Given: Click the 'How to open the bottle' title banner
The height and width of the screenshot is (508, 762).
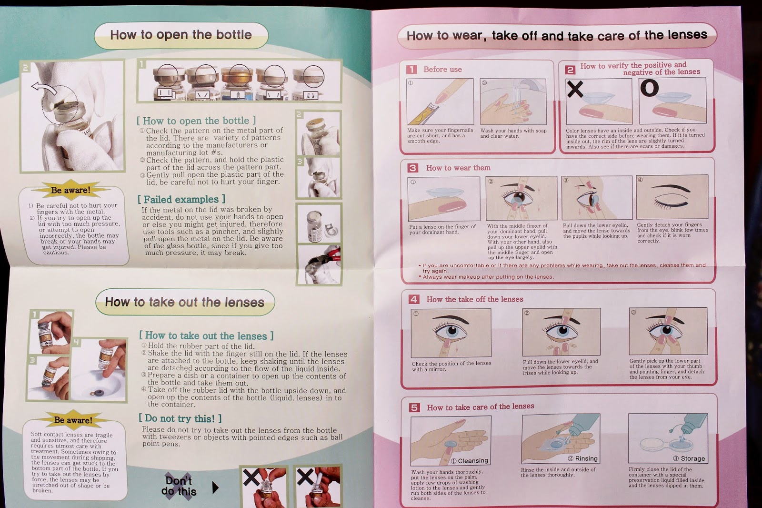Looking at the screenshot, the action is point(181,35).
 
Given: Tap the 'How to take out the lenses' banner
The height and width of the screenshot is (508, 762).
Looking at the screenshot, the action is point(185,302).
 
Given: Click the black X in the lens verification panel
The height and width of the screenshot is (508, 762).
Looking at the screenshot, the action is point(575,89).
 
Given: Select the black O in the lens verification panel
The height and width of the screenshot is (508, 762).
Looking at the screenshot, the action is point(650,88).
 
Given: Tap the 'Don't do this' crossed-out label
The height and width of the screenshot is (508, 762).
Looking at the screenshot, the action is point(179,486).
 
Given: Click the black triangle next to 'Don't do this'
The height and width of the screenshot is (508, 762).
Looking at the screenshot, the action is point(215,488).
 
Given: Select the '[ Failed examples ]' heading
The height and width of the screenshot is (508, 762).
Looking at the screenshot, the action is point(181,199).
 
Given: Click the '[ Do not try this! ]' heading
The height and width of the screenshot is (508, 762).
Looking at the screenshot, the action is point(180,418).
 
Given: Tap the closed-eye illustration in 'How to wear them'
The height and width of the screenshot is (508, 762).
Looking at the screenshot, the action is point(672,197).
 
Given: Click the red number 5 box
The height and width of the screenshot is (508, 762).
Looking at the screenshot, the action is point(414,407).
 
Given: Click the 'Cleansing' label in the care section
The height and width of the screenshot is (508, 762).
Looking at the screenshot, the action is point(470,461).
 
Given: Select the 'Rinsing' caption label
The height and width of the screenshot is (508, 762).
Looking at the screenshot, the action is point(583,458).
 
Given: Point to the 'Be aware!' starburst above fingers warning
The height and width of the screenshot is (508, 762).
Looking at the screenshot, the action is point(71,190).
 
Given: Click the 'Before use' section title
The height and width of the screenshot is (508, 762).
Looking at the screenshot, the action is point(442,70).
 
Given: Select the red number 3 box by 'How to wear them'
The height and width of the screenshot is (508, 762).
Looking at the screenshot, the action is point(413,168).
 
